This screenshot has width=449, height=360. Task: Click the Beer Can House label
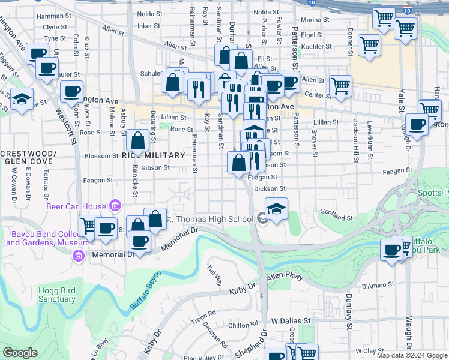(x=77, y=206)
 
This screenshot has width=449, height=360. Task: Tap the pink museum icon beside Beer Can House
(x=114, y=206)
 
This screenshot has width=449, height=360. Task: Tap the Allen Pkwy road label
(x=286, y=277)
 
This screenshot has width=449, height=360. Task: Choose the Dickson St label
(x=269, y=189)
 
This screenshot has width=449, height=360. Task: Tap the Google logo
(x=20, y=352)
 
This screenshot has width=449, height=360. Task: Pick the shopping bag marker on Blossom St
(x=138, y=141)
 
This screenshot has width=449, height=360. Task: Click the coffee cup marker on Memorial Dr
(x=140, y=241)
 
